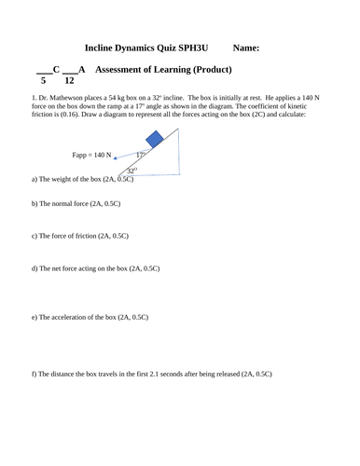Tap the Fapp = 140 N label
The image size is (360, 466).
pyautogui.click(x=91, y=155)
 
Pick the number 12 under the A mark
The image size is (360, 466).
pyautogui.click(x=70, y=81)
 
